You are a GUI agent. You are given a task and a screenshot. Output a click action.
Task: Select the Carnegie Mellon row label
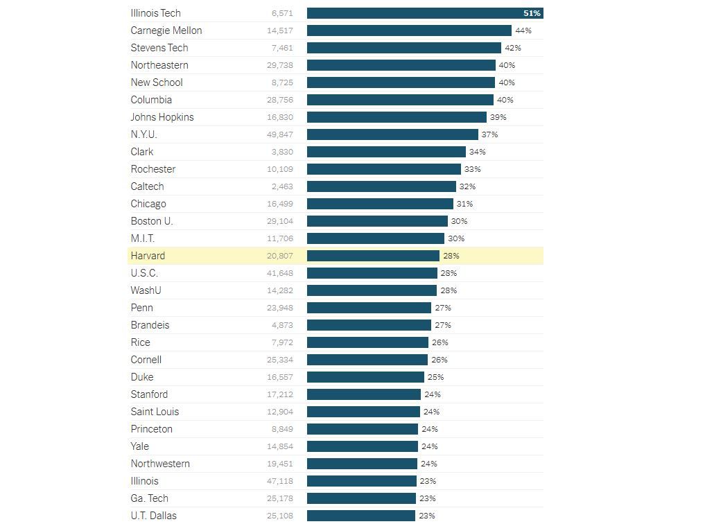(166, 30)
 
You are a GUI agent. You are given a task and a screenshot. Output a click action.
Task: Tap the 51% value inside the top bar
(532, 13)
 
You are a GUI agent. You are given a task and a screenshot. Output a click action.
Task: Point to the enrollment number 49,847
(279, 134)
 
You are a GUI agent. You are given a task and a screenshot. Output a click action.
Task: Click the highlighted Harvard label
(148, 256)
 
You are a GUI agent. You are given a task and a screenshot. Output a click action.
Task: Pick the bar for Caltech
(381, 186)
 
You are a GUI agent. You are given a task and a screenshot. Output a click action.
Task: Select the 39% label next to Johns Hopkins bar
(498, 117)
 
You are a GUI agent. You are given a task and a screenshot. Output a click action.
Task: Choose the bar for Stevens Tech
(403, 48)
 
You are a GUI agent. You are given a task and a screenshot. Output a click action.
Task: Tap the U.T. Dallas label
(153, 516)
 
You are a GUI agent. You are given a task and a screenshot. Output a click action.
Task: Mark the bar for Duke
(365, 377)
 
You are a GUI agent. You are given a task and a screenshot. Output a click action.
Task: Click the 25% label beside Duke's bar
(435, 377)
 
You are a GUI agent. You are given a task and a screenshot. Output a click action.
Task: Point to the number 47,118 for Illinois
(279, 481)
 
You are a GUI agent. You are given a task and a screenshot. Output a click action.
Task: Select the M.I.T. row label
(143, 238)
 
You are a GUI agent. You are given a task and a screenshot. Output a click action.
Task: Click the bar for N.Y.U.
(392, 134)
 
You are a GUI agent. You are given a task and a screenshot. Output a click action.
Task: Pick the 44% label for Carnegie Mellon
(523, 30)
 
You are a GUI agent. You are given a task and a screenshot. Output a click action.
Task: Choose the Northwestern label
(160, 464)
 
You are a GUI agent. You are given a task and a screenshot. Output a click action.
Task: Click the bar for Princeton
(363, 429)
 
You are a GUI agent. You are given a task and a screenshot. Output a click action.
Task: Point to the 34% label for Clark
(477, 152)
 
